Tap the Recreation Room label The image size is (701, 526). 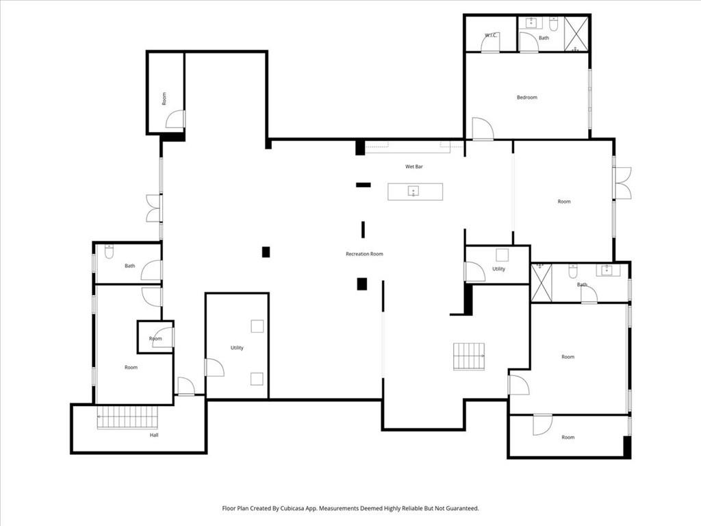(x=364, y=254)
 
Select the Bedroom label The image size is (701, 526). (x=526, y=97)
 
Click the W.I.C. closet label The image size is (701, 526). (x=490, y=36)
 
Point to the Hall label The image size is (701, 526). (x=155, y=435)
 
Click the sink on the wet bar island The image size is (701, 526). (x=414, y=191)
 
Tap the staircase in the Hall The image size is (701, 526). (x=127, y=417)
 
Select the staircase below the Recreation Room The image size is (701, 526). (x=469, y=356)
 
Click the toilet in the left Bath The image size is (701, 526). (x=109, y=252)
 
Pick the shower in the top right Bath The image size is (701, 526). (x=576, y=34)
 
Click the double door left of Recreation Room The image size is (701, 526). (x=153, y=208)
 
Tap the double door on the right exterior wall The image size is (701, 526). (x=622, y=183)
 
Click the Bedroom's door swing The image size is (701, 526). (x=482, y=129)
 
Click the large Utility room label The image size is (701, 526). (x=237, y=348)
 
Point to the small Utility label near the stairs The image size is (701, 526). (x=498, y=269)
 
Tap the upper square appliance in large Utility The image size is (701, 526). (x=257, y=326)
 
